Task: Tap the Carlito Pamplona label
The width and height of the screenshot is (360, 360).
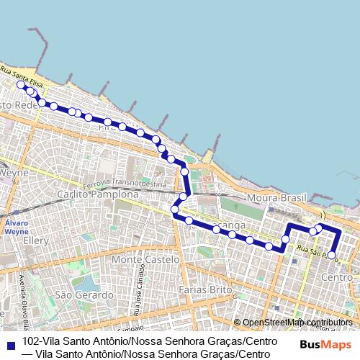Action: (97, 194)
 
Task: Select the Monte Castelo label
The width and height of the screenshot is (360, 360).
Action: (145, 258)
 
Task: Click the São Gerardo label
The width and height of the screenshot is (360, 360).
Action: (84, 294)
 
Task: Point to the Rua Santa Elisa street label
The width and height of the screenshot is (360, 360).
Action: (22, 77)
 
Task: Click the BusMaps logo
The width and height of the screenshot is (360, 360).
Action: (322, 343)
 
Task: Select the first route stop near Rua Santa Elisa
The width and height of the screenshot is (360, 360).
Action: (21, 85)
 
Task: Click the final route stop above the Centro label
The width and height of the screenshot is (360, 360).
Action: (331, 255)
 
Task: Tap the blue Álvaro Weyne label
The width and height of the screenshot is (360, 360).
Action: (16, 228)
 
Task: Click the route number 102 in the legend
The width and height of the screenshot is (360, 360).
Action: (30, 341)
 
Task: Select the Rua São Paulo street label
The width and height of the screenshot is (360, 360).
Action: (315, 251)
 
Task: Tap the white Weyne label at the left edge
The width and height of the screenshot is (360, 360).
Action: (14, 173)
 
